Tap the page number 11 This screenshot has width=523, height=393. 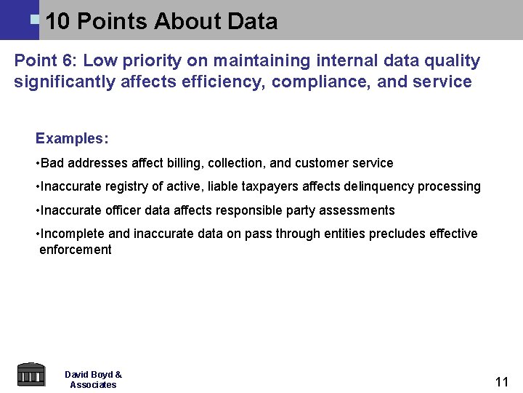[x=501, y=381]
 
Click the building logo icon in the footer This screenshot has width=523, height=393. [x=31, y=374]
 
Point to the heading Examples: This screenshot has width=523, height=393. [x=72, y=138]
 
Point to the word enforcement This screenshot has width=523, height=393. [x=76, y=250]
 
